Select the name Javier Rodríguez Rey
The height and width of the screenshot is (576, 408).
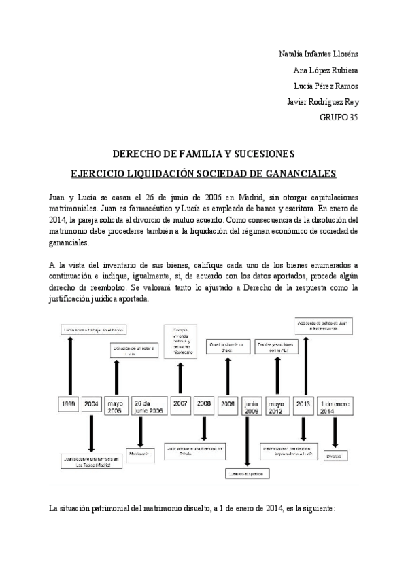(x=324, y=102)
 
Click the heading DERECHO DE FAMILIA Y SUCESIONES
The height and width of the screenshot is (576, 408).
(x=203, y=155)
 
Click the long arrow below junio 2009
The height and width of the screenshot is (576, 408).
(x=250, y=442)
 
